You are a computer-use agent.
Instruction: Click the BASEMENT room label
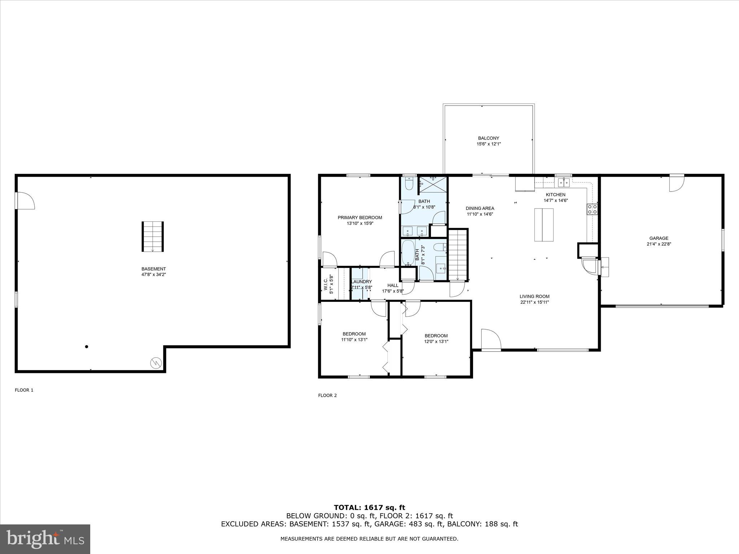point(153,269)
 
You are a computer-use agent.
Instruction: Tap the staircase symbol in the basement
point(152,237)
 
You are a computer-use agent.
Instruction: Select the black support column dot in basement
point(86,347)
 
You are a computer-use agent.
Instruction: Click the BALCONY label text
point(489,138)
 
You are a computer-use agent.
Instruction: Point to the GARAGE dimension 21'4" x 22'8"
point(659,244)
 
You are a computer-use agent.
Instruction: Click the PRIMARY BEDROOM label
point(360,217)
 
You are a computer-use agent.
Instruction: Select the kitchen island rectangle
point(543,225)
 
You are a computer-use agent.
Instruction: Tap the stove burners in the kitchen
point(592,210)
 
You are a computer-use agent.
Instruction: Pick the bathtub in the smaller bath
point(408,253)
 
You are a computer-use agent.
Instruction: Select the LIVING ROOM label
point(534,296)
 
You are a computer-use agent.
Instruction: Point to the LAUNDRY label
point(361,282)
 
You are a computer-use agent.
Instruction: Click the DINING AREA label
point(480,208)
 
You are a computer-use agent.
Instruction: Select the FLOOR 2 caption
point(327,395)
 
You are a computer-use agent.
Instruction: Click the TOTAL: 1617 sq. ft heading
point(369,507)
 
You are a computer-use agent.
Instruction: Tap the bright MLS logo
point(45,539)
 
